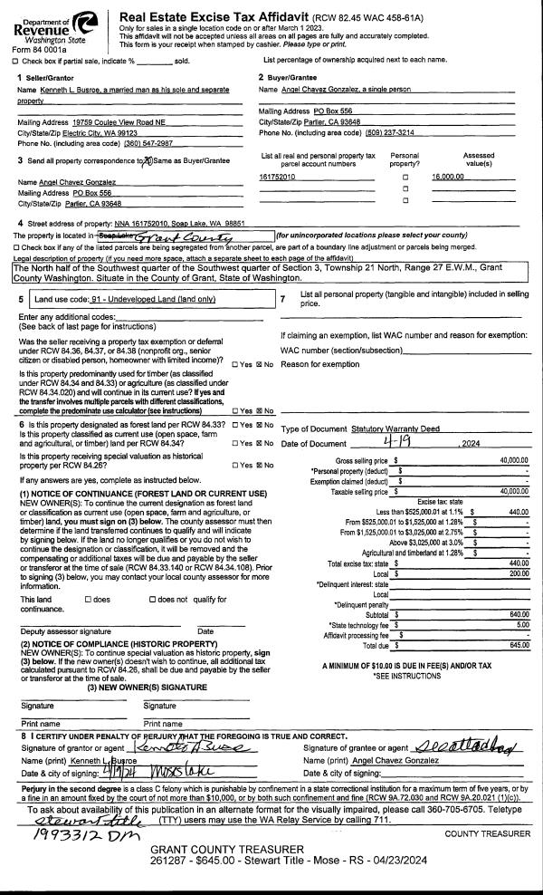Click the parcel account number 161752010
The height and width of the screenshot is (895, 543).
[x=277, y=177]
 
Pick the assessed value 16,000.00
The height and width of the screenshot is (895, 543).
[x=448, y=177]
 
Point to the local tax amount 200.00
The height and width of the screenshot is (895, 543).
[x=517, y=573]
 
